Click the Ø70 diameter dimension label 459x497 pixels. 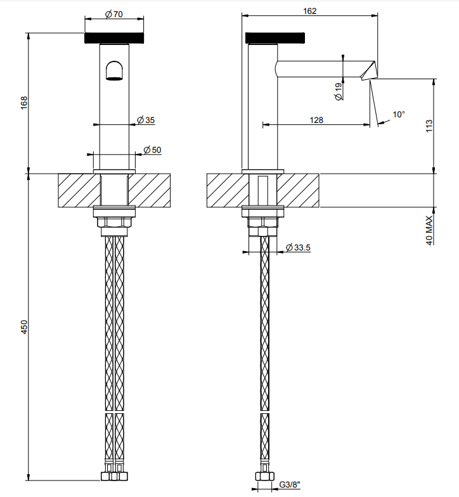(x=114, y=14)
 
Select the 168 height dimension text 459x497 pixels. (x=24, y=103)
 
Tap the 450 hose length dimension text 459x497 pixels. (x=24, y=327)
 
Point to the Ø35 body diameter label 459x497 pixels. (x=146, y=120)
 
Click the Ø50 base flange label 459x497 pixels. (x=152, y=150)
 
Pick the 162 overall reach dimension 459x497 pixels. (x=309, y=11)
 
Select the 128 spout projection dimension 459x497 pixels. (x=316, y=120)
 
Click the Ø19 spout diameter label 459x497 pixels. (x=339, y=91)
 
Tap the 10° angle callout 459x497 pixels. (x=399, y=114)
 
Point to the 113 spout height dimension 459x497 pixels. (x=429, y=126)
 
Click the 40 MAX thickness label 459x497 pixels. (x=429, y=231)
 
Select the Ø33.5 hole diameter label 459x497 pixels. (x=298, y=247)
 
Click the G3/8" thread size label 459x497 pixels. (x=290, y=484)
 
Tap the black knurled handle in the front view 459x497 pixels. (x=114, y=38)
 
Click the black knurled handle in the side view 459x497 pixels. (x=275, y=37)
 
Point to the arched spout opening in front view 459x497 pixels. (x=114, y=70)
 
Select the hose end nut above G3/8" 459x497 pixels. (x=264, y=475)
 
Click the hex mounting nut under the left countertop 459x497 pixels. (x=114, y=222)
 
